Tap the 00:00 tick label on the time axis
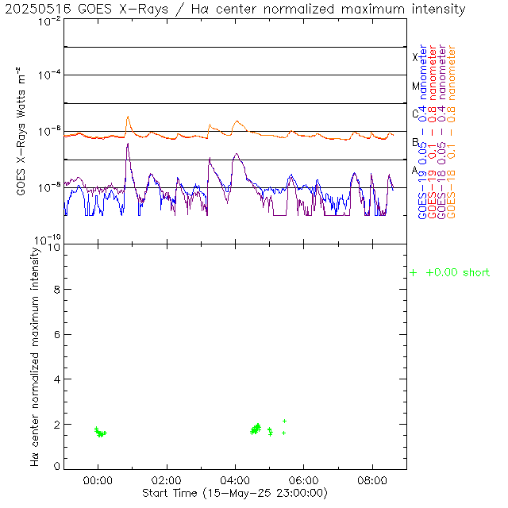(98, 480)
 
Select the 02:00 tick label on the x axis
(167, 480)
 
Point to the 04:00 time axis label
(236, 480)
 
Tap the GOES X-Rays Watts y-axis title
(21, 132)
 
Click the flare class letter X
(414, 57)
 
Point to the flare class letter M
(414, 86)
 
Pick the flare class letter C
(414, 114)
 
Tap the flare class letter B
(414, 142)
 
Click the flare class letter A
(414, 170)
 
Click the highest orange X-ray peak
(128, 117)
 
